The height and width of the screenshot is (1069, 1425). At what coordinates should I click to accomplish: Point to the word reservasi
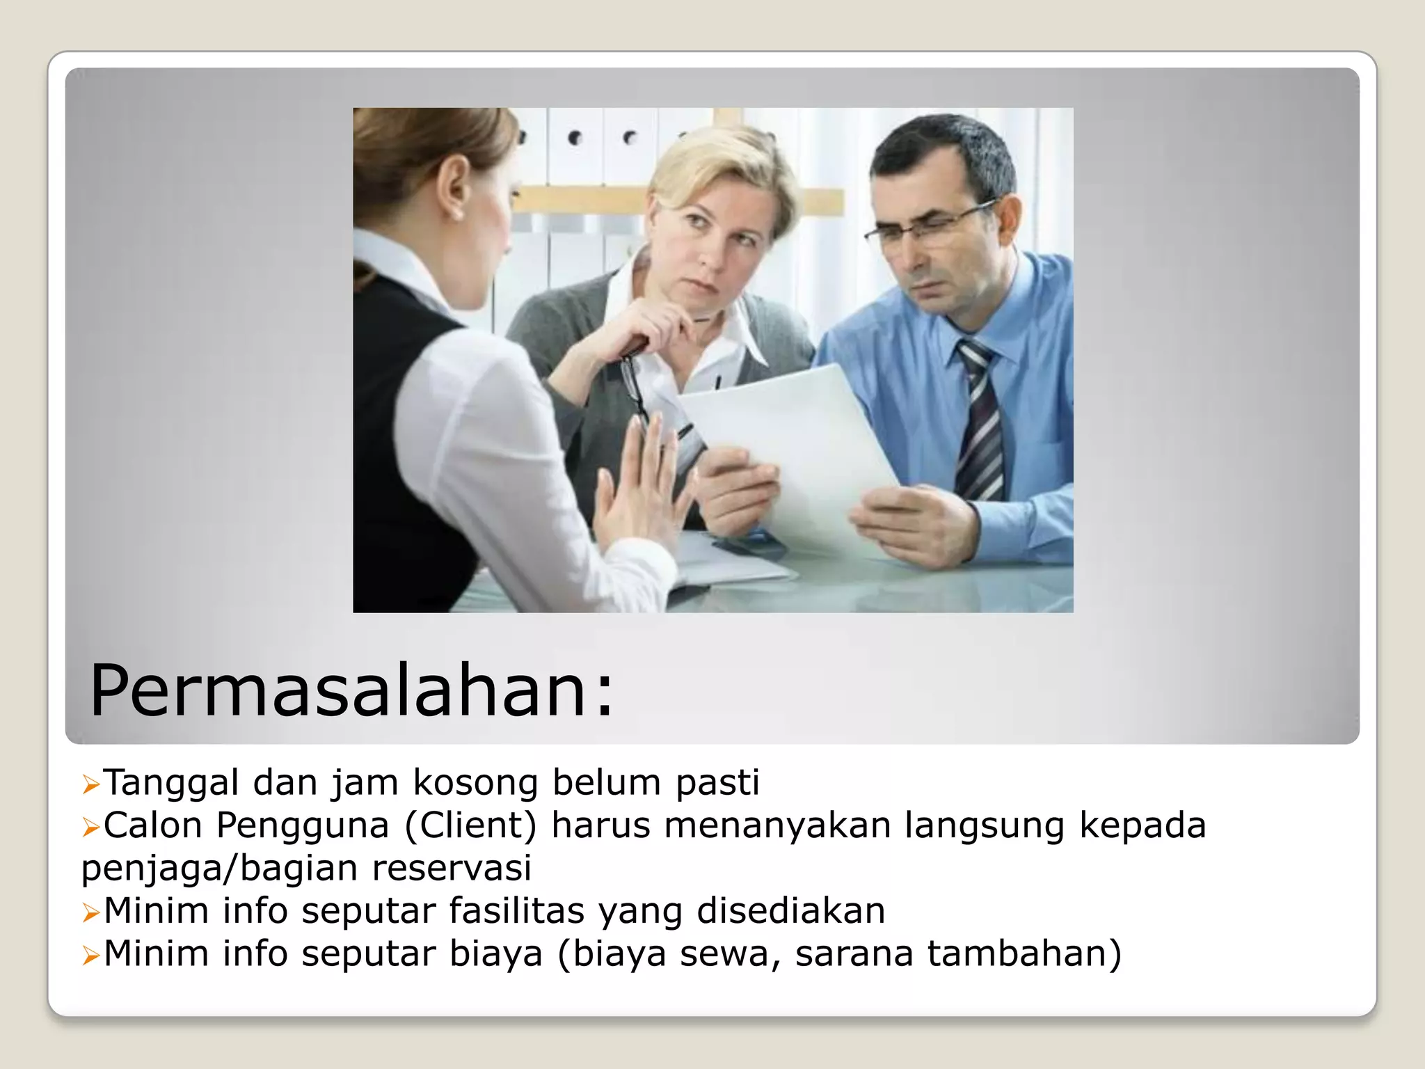point(452,868)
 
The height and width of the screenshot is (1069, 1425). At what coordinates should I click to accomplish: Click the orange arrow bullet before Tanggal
point(91,785)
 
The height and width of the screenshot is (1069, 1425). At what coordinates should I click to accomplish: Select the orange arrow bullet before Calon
point(91,828)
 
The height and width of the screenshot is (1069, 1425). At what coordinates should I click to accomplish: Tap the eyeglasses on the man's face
point(925,226)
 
